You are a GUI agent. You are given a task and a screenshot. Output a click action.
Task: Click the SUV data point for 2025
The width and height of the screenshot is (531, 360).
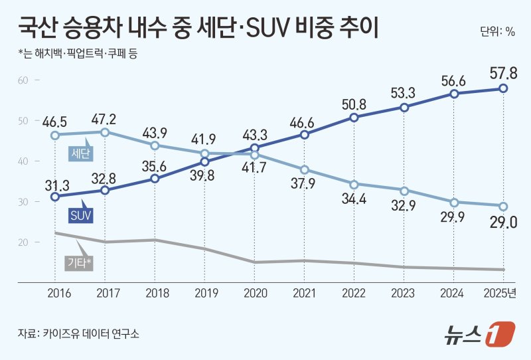[x=504, y=88]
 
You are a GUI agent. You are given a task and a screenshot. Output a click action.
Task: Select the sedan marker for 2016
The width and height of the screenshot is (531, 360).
[x=55, y=135]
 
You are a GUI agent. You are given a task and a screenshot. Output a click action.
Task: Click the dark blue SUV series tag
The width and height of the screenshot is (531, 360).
[x=80, y=215]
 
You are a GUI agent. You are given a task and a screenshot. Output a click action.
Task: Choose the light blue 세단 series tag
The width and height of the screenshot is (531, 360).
[x=81, y=155]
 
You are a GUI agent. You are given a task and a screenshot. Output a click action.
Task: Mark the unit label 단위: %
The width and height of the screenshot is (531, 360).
[x=497, y=31]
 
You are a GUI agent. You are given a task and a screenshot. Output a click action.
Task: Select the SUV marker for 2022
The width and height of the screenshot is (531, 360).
[x=354, y=118]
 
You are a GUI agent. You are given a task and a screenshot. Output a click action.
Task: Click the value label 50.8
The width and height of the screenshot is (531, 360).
[x=354, y=104]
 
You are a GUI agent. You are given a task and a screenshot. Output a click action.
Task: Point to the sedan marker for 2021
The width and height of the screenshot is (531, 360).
[x=304, y=169]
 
